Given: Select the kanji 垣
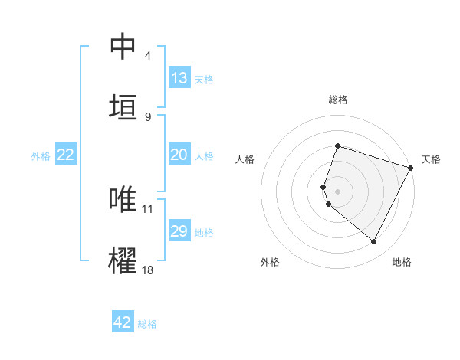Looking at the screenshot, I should pos(123,106).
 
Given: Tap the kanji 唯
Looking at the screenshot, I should pos(123,200).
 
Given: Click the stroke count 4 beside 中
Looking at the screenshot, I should pos(147,56).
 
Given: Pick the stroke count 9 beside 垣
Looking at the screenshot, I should pos(147,116).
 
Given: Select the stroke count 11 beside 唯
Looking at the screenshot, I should pos(148,208).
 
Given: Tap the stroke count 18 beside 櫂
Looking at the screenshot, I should pos(148,270).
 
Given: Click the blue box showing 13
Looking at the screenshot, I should pos(179,78).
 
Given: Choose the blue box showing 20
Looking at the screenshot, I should pos(179,155).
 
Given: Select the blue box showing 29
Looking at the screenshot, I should pos(179,231).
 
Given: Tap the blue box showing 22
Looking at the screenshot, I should pos(66,155).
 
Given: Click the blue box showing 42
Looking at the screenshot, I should pos(123,322).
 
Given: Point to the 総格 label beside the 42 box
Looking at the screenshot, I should pos(147,324).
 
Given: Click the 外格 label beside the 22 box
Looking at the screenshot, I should pos(41,156).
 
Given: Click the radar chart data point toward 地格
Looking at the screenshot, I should pos(374,242).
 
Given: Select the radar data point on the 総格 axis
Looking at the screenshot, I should pos(337,146).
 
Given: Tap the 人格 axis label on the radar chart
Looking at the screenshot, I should pos(245,159).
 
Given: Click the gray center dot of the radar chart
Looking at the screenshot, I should pos(337,190).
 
